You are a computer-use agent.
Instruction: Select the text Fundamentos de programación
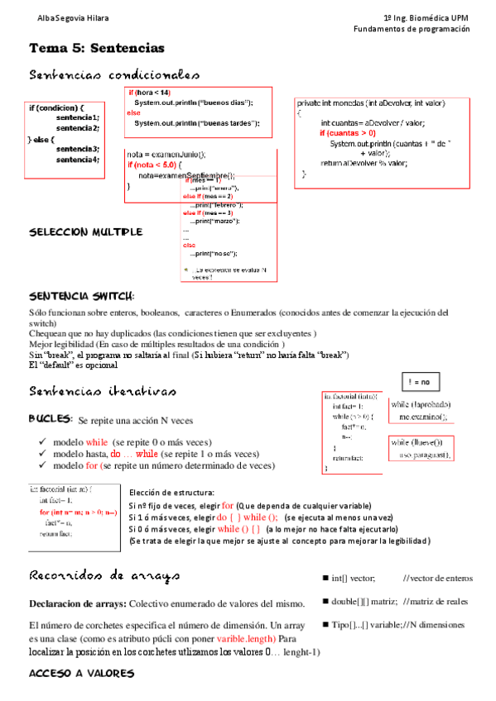[x=411, y=29]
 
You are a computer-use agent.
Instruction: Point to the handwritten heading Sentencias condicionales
[x=113, y=75]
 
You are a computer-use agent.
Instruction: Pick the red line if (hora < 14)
[x=149, y=93]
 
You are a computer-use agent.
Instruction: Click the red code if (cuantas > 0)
[x=348, y=133]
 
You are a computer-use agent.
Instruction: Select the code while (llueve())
[x=417, y=442]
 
